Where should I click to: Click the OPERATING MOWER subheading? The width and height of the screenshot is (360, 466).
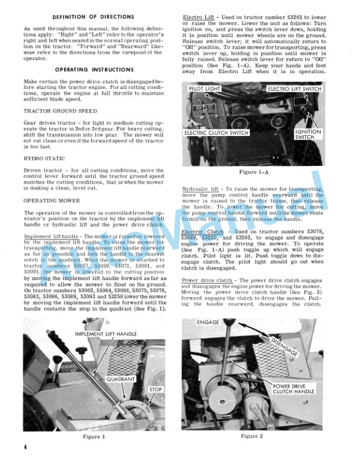(x=52, y=201)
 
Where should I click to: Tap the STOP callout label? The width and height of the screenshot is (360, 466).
(x=155, y=390)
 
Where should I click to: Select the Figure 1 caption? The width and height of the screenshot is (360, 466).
(x=95, y=437)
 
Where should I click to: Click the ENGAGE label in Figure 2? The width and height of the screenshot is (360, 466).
(x=209, y=323)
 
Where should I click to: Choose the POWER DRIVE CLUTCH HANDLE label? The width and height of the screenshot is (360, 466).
(x=294, y=390)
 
